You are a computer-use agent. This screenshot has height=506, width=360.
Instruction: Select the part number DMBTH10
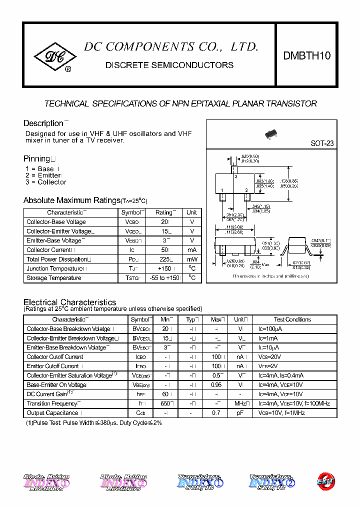306,56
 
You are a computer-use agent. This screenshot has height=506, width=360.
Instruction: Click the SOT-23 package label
322,143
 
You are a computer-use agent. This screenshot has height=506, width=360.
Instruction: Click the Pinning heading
36,158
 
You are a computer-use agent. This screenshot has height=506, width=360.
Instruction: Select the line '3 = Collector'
45,182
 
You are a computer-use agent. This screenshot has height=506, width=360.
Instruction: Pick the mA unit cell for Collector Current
192,250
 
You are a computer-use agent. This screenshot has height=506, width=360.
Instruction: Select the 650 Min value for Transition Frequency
166,403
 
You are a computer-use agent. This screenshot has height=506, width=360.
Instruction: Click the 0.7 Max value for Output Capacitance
216,413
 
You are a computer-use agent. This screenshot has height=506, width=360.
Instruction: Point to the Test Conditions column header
292,319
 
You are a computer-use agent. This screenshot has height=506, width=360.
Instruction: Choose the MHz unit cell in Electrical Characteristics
240,403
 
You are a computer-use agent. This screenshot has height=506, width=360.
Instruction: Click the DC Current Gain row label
48,394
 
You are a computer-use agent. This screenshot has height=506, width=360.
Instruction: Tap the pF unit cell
240,413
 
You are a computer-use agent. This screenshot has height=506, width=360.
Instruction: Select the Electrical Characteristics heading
69,302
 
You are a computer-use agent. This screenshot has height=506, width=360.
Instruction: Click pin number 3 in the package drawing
235,176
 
